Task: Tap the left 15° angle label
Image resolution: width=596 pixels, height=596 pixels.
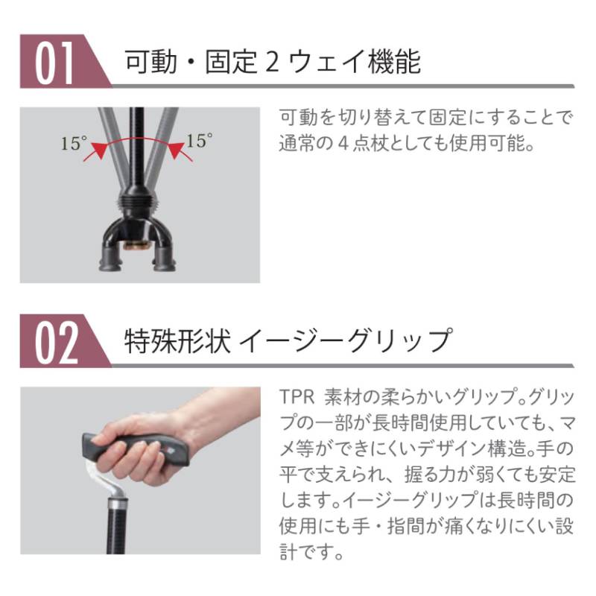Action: [74, 143]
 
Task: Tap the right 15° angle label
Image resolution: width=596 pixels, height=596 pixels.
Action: [199, 141]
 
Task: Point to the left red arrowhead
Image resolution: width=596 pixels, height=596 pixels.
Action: [99, 150]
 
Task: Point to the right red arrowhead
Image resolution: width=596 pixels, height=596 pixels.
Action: [176, 150]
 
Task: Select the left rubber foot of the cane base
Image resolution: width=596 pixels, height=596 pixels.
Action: [110, 262]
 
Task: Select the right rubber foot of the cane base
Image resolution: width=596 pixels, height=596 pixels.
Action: [165, 262]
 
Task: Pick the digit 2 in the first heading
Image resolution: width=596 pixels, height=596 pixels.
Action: [272, 63]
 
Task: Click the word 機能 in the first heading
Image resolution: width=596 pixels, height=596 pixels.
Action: [395, 62]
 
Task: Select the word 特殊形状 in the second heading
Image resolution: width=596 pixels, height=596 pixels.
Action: [177, 340]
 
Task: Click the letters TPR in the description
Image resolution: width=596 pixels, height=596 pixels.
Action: [297, 397]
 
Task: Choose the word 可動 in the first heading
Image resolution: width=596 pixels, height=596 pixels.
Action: [151, 62]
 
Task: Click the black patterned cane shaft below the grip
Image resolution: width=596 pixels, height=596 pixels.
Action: [116, 532]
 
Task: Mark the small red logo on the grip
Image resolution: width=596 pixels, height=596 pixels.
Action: [170, 451]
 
